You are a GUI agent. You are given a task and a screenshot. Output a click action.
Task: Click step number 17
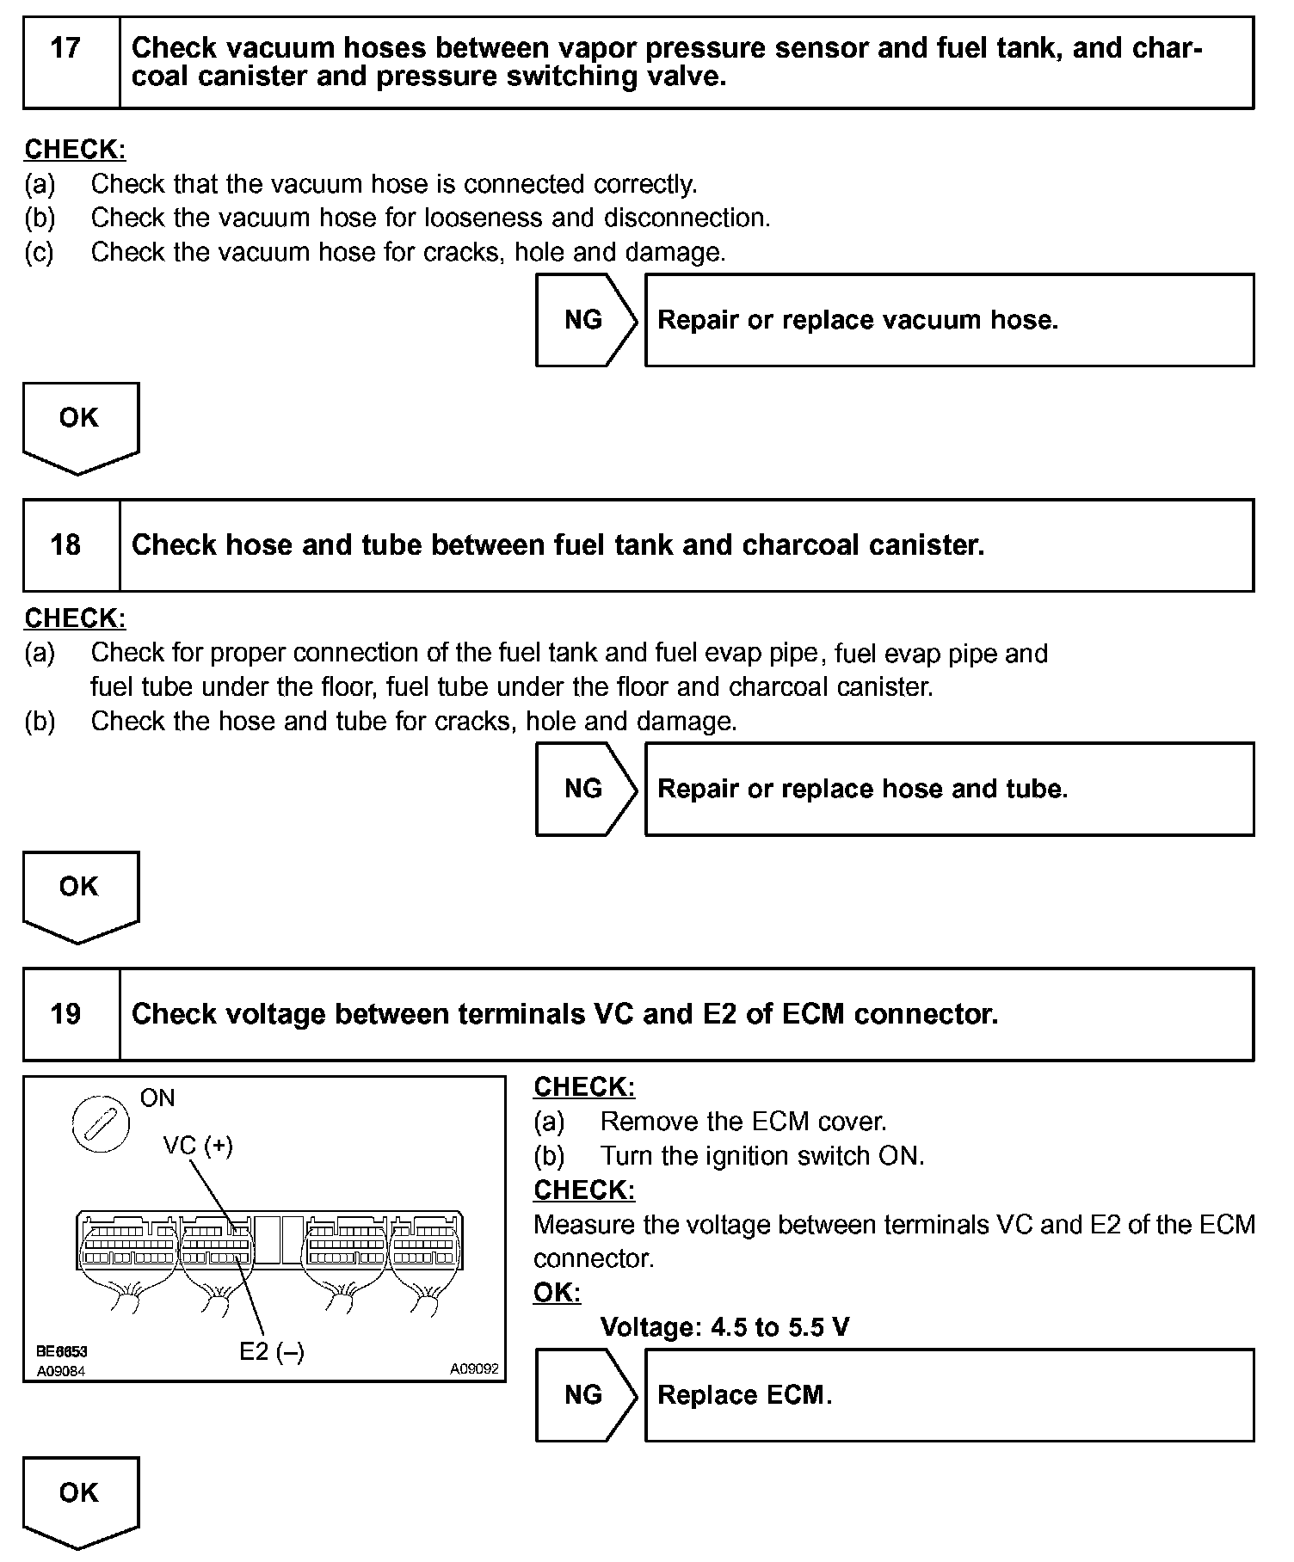(65, 48)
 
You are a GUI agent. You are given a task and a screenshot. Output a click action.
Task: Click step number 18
(65, 545)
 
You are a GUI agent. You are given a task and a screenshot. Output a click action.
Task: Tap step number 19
(65, 1014)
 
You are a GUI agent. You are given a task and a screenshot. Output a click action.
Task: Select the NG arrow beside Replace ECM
(584, 1395)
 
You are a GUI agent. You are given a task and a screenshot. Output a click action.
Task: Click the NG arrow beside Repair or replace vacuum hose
(584, 320)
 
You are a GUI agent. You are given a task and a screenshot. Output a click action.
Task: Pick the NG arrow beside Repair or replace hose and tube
(584, 789)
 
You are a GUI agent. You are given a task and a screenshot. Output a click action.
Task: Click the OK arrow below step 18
(79, 894)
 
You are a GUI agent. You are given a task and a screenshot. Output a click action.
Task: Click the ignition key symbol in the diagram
(101, 1125)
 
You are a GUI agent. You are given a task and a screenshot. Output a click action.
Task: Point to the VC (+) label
(198, 1145)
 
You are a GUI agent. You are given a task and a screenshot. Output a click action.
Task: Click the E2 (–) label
(271, 1352)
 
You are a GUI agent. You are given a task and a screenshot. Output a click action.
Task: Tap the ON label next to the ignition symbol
(157, 1098)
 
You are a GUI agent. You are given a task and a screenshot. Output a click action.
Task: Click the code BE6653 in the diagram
(62, 1352)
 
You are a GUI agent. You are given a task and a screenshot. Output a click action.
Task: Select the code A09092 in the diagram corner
(474, 1368)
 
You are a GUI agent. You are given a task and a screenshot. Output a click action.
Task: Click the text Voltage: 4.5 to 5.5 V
(724, 1327)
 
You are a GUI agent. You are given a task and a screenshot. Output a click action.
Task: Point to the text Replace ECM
(744, 1395)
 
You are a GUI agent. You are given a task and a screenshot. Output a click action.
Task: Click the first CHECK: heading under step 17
(75, 150)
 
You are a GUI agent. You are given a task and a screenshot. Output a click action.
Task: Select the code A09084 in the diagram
(61, 1371)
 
